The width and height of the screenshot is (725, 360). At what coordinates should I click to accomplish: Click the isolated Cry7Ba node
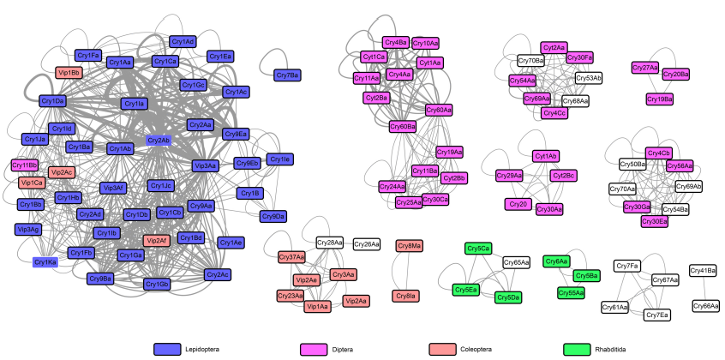(x=287, y=75)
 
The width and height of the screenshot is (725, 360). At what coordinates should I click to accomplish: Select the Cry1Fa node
(x=88, y=56)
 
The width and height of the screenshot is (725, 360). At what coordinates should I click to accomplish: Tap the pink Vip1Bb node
(x=69, y=73)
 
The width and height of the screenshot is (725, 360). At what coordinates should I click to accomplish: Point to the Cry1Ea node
(x=220, y=57)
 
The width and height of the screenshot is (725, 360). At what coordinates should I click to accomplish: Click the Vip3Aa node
(x=206, y=165)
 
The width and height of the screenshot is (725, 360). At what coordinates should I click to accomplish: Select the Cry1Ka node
(x=45, y=261)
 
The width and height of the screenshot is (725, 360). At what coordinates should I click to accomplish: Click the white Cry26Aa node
(x=367, y=244)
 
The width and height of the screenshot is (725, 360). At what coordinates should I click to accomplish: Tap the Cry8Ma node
(x=410, y=246)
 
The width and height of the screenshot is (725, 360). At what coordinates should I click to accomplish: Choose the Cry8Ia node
(x=405, y=296)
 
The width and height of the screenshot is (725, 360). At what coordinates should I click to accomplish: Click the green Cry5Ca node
(x=478, y=249)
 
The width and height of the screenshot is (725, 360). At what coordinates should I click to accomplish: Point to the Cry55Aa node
(x=571, y=292)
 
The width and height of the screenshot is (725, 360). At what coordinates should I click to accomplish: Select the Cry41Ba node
(x=703, y=271)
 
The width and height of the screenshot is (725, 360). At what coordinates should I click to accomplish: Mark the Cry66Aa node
(x=706, y=305)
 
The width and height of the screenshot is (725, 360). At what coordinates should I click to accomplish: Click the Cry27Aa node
(x=644, y=68)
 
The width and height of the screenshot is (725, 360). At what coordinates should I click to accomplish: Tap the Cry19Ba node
(x=659, y=99)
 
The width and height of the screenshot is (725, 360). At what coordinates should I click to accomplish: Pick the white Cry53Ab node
(x=588, y=78)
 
